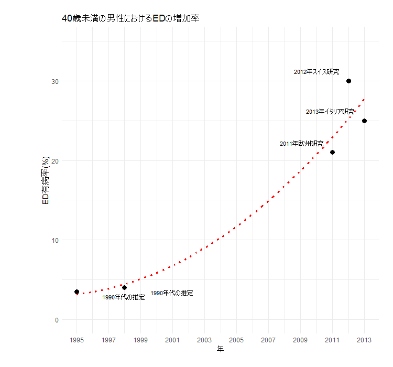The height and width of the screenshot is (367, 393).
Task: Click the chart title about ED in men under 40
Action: click(x=131, y=18)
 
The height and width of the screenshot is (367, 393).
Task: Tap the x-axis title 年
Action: click(x=221, y=349)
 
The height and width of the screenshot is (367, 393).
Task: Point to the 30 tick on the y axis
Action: click(x=55, y=81)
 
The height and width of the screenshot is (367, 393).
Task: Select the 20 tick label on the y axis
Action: click(x=55, y=161)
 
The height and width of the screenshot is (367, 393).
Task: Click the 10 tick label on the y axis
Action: click(x=55, y=240)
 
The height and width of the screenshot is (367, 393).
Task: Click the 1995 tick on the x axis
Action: click(x=77, y=340)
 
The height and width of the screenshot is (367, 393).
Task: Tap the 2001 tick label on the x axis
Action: click(x=172, y=340)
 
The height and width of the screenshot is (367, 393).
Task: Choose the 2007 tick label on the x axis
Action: click(x=268, y=340)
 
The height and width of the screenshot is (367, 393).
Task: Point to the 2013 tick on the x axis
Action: click(x=364, y=340)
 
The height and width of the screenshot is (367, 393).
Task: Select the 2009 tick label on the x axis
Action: click(x=300, y=340)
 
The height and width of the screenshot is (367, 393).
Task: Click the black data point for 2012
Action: click(x=348, y=81)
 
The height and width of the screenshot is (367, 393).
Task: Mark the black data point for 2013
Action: click(x=364, y=121)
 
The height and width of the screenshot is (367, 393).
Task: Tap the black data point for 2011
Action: click(x=332, y=153)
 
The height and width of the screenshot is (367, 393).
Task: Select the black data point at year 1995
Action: click(x=77, y=292)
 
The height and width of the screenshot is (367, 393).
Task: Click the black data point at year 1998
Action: click(x=124, y=287)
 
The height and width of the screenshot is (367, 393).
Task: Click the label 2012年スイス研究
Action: click(x=316, y=72)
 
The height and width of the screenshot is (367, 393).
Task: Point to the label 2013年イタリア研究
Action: click(x=330, y=112)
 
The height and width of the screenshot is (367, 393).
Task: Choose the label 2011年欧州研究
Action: click(x=301, y=144)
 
